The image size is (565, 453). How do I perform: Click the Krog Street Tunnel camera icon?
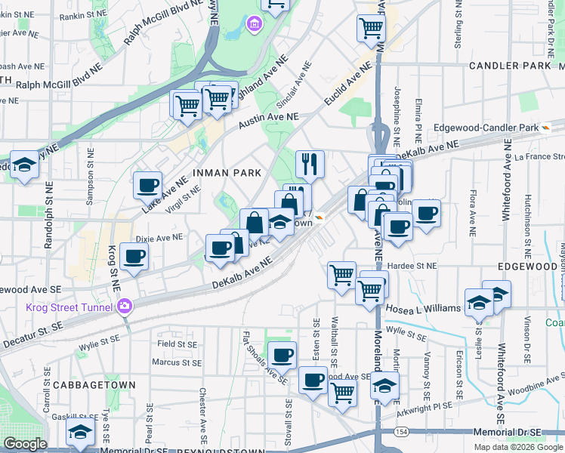[x=124, y=306]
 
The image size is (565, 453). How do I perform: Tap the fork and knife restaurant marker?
[x=310, y=164]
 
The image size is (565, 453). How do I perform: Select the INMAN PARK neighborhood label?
[x=227, y=173]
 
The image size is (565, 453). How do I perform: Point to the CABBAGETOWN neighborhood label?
[x=94, y=385]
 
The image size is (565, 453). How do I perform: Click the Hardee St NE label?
[x=412, y=266]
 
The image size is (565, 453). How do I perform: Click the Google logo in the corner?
[x=25, y=444]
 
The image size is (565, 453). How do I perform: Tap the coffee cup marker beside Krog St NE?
[x=135, y=257]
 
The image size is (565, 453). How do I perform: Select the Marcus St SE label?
[x=175, y=362]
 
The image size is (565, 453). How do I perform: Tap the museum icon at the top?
[x=255, y=24]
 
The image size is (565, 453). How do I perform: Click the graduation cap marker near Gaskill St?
[x=79, y=433]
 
